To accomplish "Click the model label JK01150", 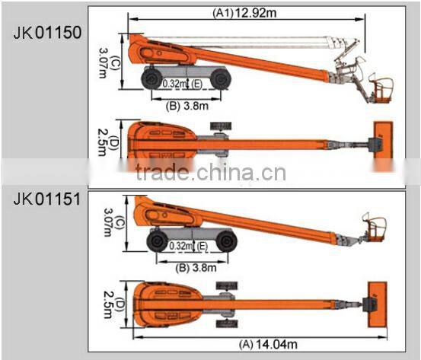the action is pyautogui.click(x=47, y=33).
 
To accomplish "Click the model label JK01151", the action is pyautogui.click(x=47, y=199).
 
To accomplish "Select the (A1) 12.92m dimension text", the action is pyautogui.click(x=244, y=12).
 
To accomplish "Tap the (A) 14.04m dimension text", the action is pyautogui.click(x=268, y=345).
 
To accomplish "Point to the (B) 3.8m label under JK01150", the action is pyautogui.click(x=187, y=106).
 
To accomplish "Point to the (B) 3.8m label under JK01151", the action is pyautogui.click(x=196, y=268).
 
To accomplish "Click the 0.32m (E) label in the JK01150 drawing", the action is pyautogui.click(x=182, y=84).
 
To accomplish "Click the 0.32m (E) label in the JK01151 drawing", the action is pyautogui.click(x=189, y=246).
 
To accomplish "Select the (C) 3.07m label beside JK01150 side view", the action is pyautogui.click(x=108, y=63).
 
